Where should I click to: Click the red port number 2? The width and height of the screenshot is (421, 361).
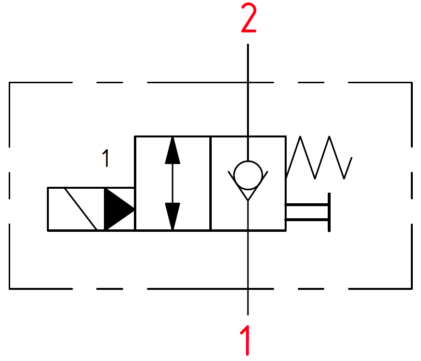(249, 18)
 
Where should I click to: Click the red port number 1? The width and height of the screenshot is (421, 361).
(246, 340)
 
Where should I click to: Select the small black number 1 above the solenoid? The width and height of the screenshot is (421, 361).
(106, 158)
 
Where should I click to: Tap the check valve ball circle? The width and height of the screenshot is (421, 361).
(248, 175)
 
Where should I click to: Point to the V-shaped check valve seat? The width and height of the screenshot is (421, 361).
(248, 186)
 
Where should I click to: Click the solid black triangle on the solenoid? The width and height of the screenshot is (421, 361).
(119, 209)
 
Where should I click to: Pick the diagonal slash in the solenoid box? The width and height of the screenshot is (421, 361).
(81, 209)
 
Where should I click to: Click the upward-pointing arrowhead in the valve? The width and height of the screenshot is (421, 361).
(173, 150)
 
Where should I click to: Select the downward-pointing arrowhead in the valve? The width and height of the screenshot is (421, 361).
(173, 216)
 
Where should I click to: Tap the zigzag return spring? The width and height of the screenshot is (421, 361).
(319, 158)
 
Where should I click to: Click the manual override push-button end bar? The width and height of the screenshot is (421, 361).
(329, 212)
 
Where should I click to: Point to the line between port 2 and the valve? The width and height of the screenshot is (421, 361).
(248, 103)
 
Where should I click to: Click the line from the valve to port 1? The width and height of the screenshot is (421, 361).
(248, 258)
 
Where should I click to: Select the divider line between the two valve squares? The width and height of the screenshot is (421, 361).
(211, 183)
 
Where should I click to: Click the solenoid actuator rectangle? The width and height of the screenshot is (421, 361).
(91, 209)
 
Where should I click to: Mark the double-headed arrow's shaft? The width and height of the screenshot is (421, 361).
(173, 183)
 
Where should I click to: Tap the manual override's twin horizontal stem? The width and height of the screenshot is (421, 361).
(306, 212)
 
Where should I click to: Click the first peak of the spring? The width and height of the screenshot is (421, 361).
(300, 136)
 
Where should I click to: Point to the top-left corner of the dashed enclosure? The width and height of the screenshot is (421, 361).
(9, 83)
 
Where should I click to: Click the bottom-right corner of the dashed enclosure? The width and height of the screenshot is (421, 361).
(412, 289)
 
